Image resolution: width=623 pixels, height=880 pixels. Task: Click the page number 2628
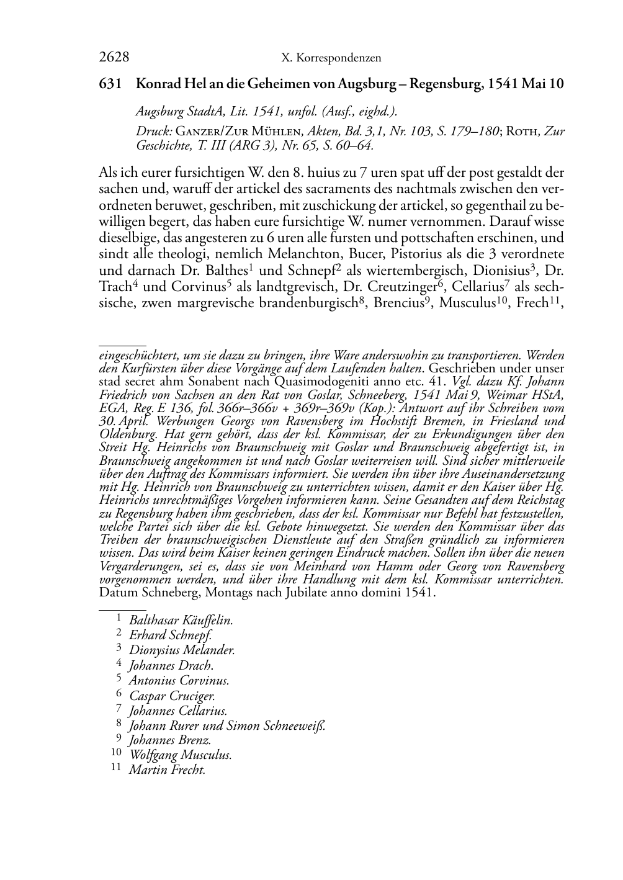coord(114,58)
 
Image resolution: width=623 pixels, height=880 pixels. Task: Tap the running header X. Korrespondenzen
coord(331,58)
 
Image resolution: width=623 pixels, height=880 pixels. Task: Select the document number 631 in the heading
coord(109,84)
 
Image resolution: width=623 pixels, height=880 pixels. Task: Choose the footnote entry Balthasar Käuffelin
coord(181,620)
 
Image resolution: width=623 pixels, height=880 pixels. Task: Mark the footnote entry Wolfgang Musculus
coord(180,755)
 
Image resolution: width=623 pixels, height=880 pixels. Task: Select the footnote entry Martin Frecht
coord(167,770)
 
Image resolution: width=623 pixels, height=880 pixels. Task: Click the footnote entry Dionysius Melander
coord(182,650)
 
